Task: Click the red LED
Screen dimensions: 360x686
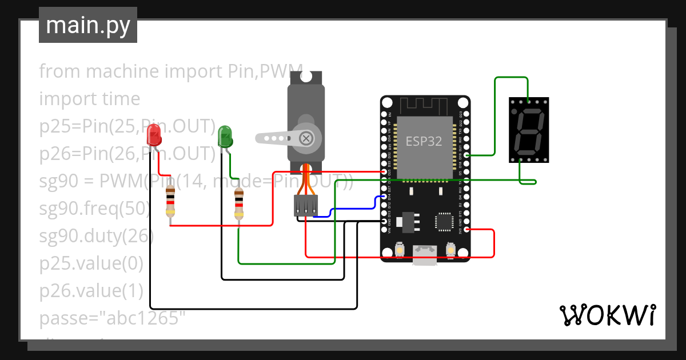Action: tap(154, 135)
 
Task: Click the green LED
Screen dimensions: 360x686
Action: tap(225, 137)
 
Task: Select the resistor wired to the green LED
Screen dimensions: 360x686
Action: tap(240, 205)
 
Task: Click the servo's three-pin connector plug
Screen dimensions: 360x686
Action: tap(306, 205)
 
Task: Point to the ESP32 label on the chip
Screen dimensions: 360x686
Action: tap(424, 141)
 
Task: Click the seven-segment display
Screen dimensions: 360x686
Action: tap(528, 130)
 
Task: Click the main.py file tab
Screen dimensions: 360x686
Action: tap(88, 26)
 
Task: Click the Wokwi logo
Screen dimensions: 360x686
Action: tap(607, 315)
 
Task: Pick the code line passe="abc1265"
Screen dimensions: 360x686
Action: tap(113, 318)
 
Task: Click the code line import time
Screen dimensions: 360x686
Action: tap(90, 99)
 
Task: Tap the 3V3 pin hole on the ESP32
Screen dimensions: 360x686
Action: tap(466, 230)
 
